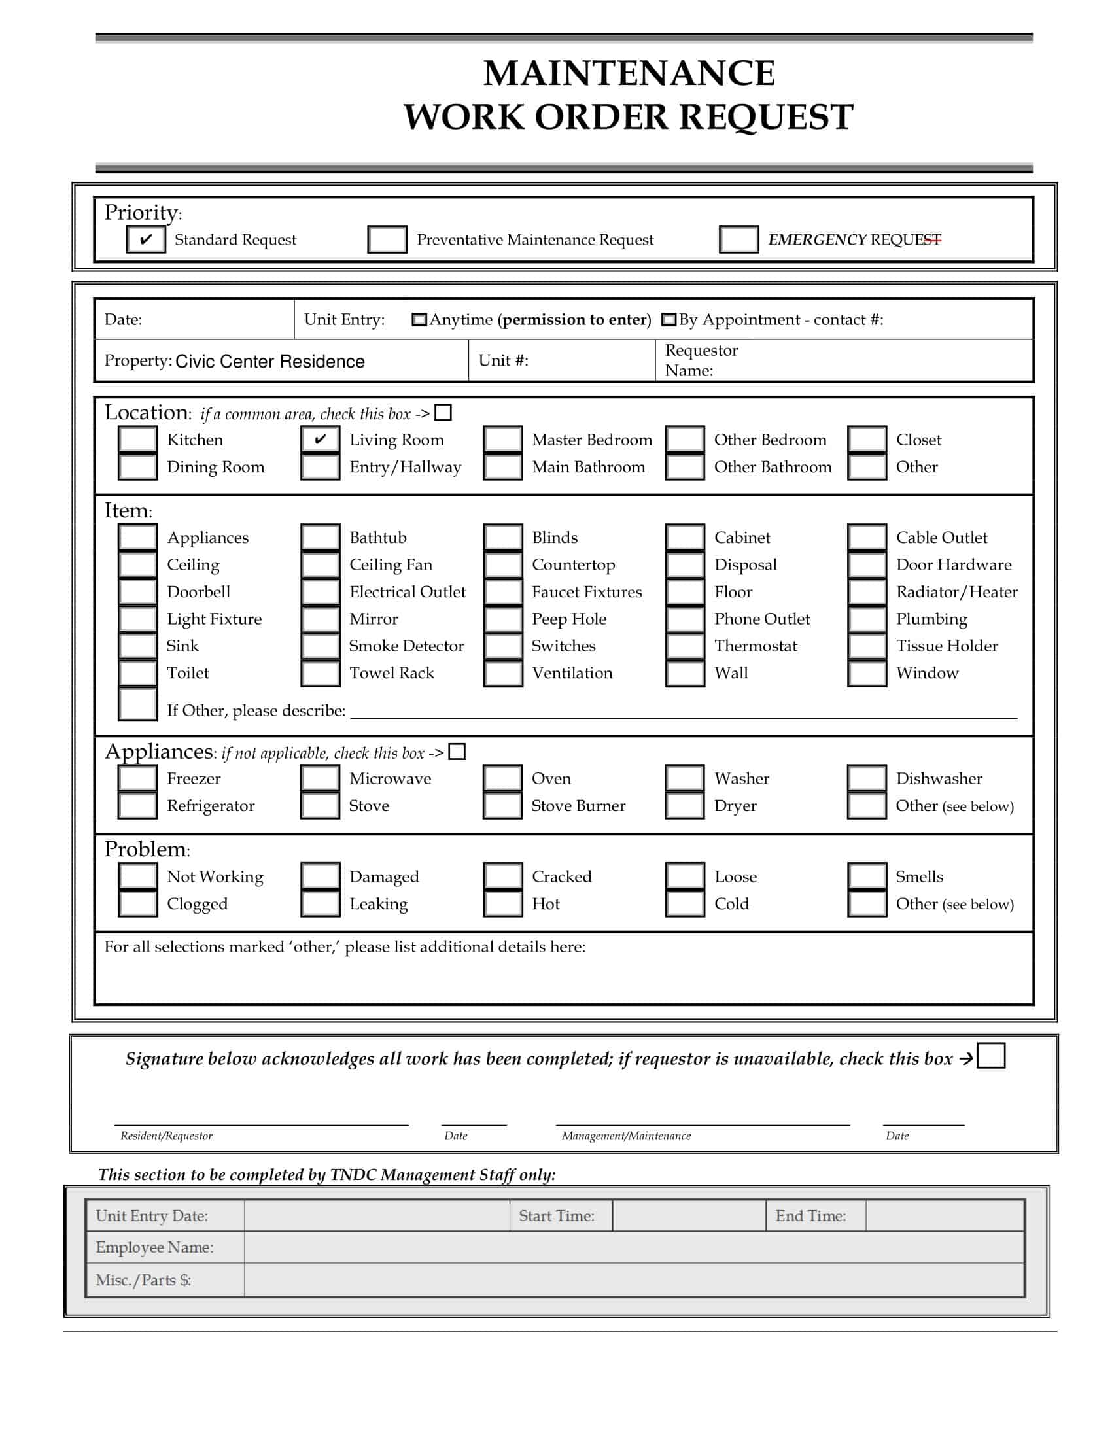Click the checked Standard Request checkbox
point(146,239)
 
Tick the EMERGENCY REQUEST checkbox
point(738,239)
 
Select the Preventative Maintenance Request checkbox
point(387,239)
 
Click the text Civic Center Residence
point(269,361)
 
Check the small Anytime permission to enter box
point(419,320)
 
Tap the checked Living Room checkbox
point(320,440)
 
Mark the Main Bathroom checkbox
point(502,466)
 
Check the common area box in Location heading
point(443,413)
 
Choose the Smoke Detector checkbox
point(320,646)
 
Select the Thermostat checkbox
point(684,646)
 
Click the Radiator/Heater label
point(956,592)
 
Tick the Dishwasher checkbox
point(866,778)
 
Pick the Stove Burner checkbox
point(502,805)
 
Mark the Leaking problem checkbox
point(320,903)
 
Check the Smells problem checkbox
point(866,876)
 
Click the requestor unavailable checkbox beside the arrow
point(991,1055)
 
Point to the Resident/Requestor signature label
point(166,1136)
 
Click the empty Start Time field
point(688,1216)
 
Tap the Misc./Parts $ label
point(143,1279)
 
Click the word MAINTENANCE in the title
point(629,73)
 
